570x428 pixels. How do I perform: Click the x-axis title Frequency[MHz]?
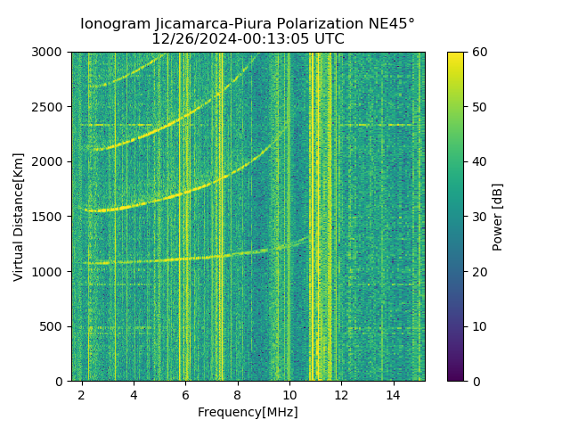pyautogui.click(x=248, y=412)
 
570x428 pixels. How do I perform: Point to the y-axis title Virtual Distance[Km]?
pyautogui.click(x=19, y=217)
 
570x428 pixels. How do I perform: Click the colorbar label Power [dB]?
pyautogui.click(x=498, y=217)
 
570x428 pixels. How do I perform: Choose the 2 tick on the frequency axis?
pyautogui.click(x=82, y=394)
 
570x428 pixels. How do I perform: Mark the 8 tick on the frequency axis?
pyautogui.click(x=238, y=394)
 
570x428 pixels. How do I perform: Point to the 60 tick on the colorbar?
pyautogui.click(x=478, y=52)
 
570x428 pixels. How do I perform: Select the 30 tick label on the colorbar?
pyautogui.click(x=478, y=217)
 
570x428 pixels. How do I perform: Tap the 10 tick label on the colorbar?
pyautogui.click(x=478, y=326)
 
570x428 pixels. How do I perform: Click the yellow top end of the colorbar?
pyautogui.click(x=455, y=55)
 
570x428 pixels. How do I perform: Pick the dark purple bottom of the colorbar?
pyautogui.click(x=455, y=377)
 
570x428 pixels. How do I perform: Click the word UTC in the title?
pyautogui.click(x=329, y=39)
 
